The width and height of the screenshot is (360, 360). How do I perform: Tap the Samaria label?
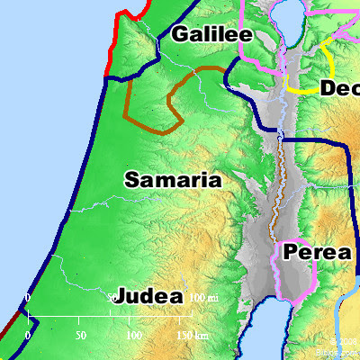pyautogui.click(x=173, y=180)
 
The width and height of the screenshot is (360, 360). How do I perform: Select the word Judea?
pyautogui.click(x=150, y=296)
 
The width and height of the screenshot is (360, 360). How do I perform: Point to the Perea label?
pyautogui.click(x=317, y=253)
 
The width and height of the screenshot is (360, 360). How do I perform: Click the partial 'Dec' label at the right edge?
pyautogui.click(x=339, y=88)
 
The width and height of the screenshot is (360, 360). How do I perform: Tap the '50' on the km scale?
pyautogui.click(x=81, y=335)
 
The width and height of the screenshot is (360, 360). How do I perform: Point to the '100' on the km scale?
pyautogui.click(x=134, y=335)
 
